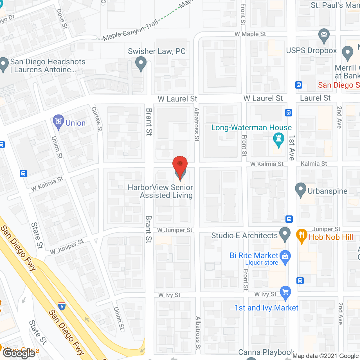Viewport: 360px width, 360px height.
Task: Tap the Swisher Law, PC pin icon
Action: point(141,63)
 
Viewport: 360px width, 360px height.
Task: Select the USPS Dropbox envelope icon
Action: point(324,35)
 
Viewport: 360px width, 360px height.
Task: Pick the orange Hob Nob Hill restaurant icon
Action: point(301,236)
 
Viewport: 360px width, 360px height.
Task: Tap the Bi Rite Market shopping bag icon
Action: point(285,257)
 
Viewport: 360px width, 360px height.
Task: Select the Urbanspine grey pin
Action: point(301,190)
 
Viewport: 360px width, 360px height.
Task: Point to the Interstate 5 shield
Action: point(62,305)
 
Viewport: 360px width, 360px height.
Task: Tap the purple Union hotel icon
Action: point(58,121)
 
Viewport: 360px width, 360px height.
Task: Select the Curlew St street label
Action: point(97,119)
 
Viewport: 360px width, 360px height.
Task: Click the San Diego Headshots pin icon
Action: point(4,64)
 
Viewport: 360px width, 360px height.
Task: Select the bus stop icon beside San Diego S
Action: point(299,85)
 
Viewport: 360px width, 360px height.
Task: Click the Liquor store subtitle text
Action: point(262,263)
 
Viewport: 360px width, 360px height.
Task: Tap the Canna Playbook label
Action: point(266,352)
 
